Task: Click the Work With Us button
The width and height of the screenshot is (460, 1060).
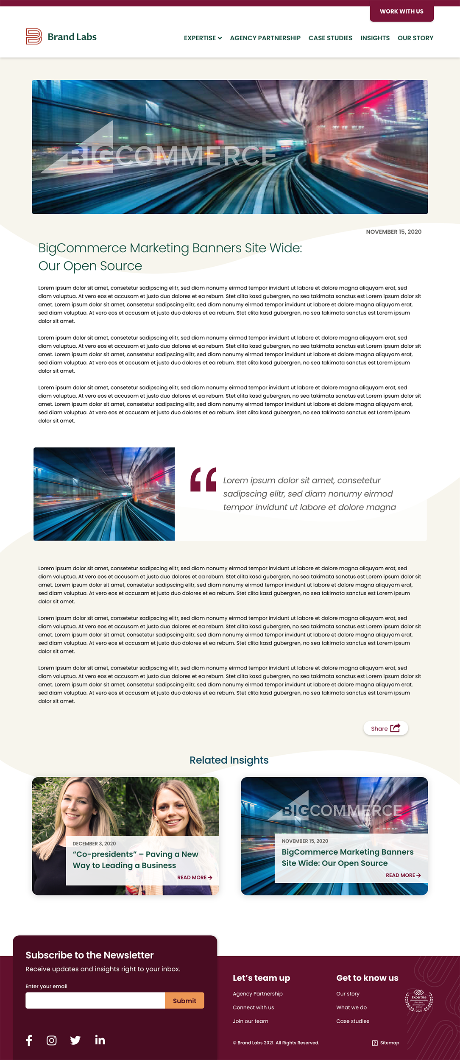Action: [401, 11]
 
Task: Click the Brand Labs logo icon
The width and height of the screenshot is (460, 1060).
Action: [34, 36]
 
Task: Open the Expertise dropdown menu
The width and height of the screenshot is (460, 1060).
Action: [203, 38]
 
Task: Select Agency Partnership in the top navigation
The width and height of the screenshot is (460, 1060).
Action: [265, 38]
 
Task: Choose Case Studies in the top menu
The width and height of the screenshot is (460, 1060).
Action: [330, 38]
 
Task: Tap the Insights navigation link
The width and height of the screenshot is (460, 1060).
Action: [375, 38]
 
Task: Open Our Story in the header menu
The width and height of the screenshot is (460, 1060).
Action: [415, 38]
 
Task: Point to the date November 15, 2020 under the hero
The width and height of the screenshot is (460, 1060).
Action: [393, 232]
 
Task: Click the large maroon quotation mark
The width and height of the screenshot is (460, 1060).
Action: [204, 480]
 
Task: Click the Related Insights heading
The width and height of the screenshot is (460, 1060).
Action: [229, 760]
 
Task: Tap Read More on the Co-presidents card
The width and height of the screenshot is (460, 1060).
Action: [195, 878]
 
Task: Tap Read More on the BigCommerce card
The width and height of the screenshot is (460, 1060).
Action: [403, 875]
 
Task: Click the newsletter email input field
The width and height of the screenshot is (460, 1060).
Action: [95, 1001]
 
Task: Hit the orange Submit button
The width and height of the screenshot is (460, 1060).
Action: [184, 1001]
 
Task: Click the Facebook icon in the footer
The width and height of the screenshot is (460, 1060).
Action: [29, 1040]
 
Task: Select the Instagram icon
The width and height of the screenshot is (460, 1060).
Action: [52, 1040]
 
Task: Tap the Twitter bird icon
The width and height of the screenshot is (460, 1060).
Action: [75, 1040]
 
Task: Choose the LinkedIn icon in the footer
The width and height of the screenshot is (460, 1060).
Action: [100, 1040]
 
